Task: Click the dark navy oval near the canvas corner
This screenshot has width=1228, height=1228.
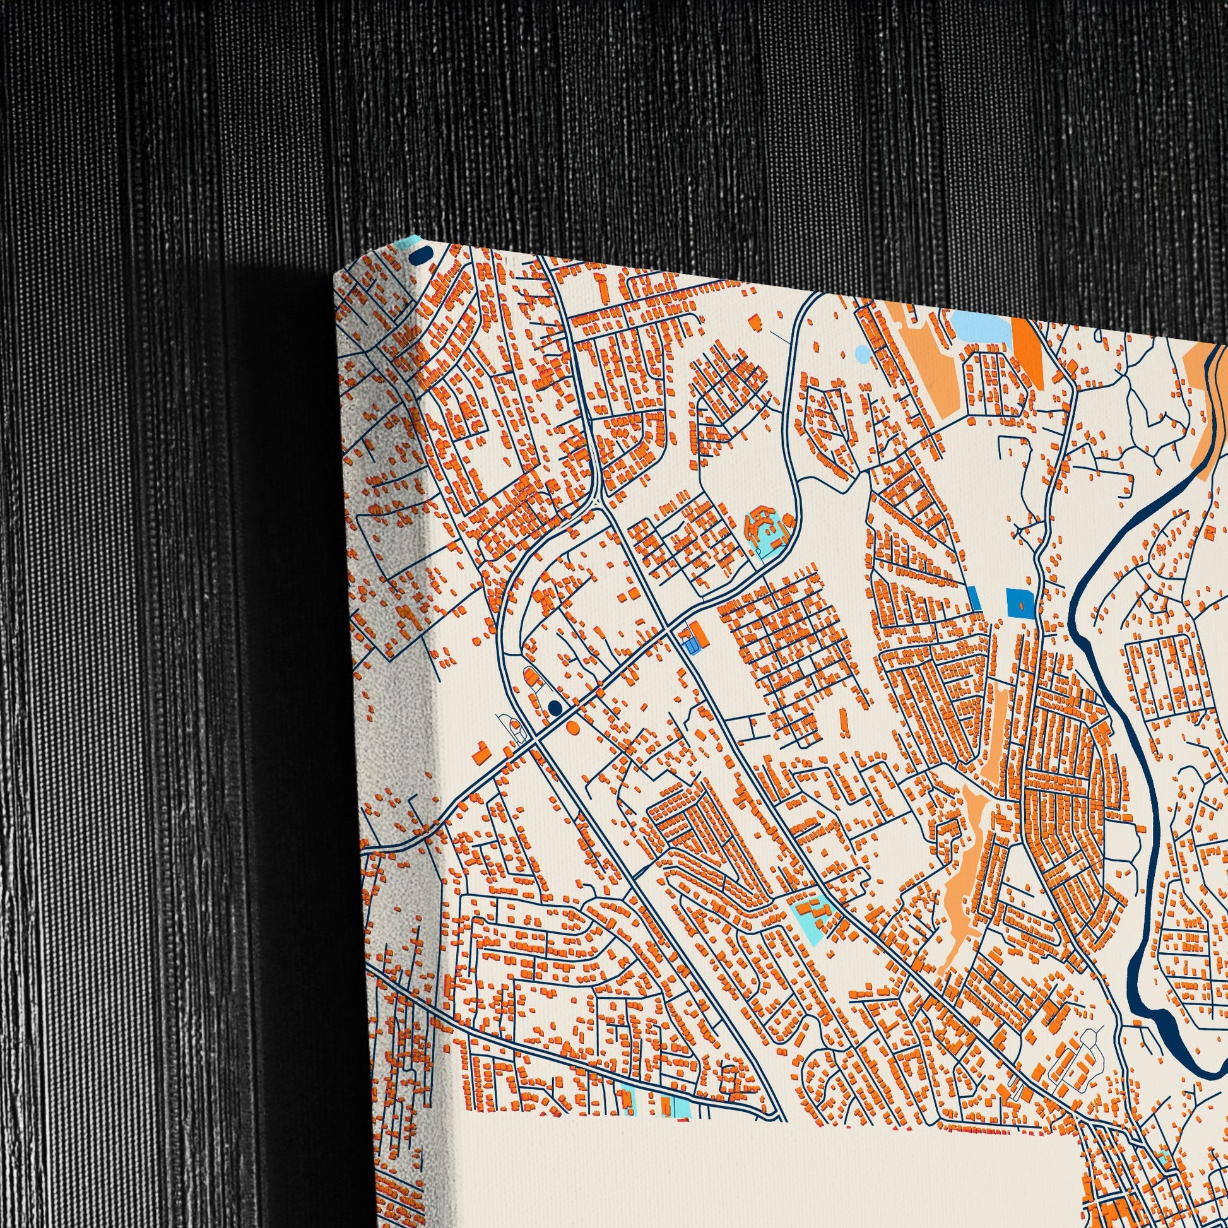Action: click(420, 255)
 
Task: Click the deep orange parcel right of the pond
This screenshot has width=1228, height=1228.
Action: click(1027, 350)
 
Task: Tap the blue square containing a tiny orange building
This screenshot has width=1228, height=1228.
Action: click(1018, 603)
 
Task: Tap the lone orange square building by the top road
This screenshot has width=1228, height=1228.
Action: click(755, 322)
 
